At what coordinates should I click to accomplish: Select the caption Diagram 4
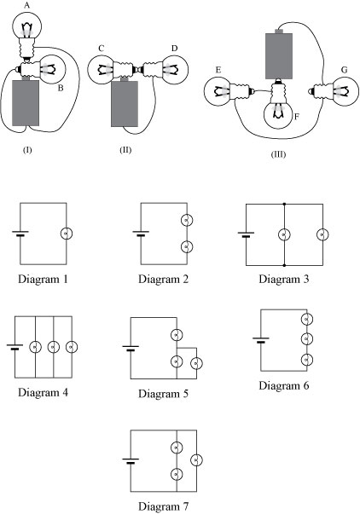(x=47, y=392)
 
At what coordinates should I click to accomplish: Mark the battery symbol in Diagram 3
(x=246, y=234)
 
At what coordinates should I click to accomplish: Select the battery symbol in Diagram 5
(x=130, y=348)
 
